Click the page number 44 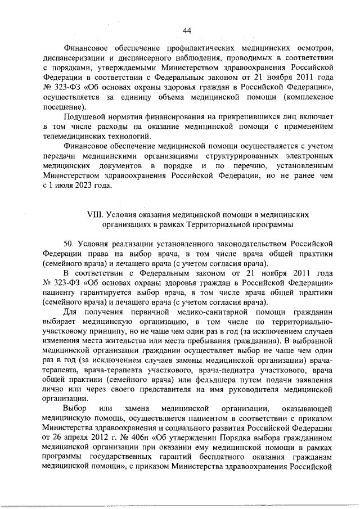tap(187, 30)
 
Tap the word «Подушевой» tap(87, 116)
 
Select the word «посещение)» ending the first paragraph tap(64, 106)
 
